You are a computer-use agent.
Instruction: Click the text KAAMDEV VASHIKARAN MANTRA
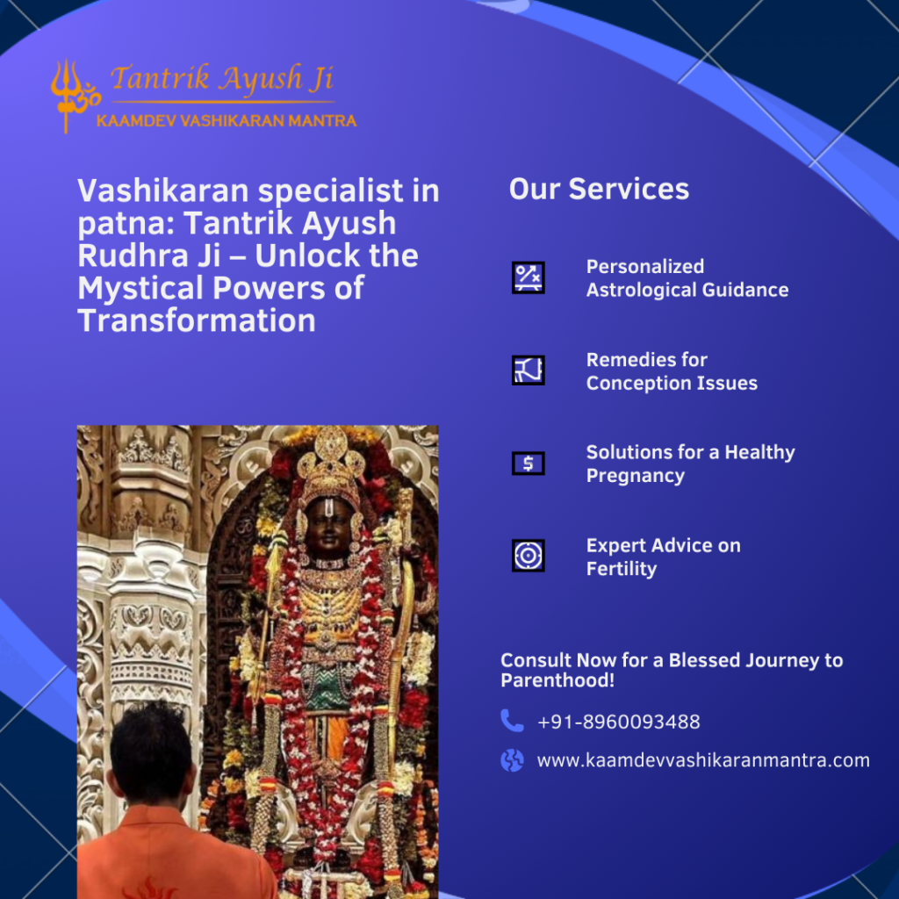227,121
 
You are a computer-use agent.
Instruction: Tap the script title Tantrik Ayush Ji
222,78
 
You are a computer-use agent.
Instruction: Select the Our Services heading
599,190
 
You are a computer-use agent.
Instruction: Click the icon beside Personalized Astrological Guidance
528,277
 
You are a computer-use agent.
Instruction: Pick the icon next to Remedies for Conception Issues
528,370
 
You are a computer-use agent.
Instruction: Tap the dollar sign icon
528,464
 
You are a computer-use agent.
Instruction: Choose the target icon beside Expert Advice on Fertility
528,556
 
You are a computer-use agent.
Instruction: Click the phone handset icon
512,721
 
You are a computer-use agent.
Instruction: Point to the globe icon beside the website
512,760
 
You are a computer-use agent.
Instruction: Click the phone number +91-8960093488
619,722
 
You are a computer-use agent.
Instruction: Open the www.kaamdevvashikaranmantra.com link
703,760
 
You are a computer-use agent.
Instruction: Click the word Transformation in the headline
197,320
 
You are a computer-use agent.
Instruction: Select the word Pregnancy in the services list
636,476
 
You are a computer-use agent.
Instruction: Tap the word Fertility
622,569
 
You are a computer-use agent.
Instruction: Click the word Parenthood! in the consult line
557,680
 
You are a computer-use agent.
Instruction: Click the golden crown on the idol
331,464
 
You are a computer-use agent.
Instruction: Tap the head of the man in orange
151,752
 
